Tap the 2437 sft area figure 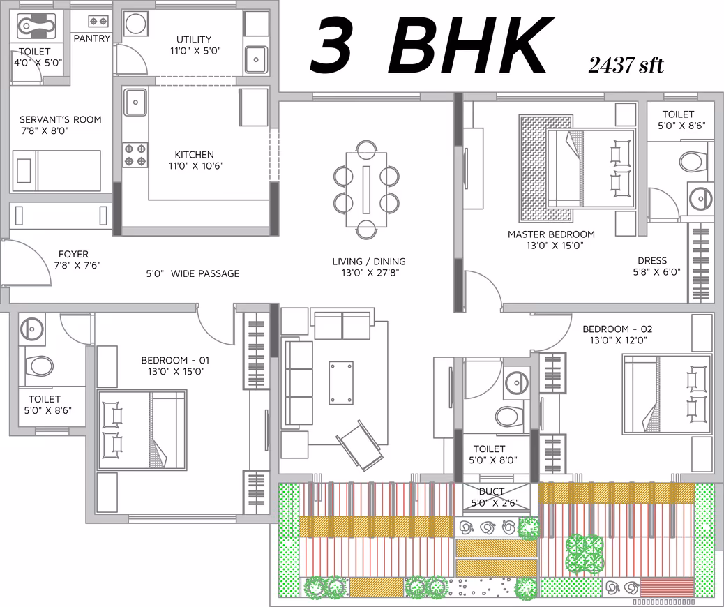click(x=626, y=65)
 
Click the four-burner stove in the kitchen click(x=135, y=155)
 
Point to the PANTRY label click(x=92, y=38)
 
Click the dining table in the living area click(x=367, y=189)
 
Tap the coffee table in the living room click(x=341, y=383)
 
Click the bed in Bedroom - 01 click(x=142, y=430)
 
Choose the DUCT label click(x=491, y=491)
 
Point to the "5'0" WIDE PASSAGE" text click(x=193, y=273)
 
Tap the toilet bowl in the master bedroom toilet click(x=693, y=162)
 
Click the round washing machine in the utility click(x=136, y=24)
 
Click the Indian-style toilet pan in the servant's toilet click(x=36, y=26)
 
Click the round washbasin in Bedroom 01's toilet click(x=32, y=329)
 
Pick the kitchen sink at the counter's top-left click(x=135, y=102)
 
